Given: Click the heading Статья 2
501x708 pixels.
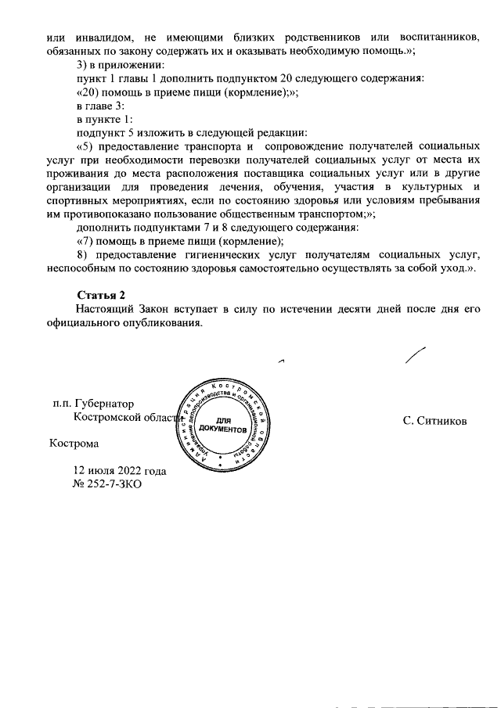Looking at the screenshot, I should [101, 294].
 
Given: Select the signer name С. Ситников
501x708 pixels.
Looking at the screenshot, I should [434, 421].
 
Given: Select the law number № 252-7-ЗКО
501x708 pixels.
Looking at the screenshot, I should [108, 483].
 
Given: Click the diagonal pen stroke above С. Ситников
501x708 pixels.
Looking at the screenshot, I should [416, 354].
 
